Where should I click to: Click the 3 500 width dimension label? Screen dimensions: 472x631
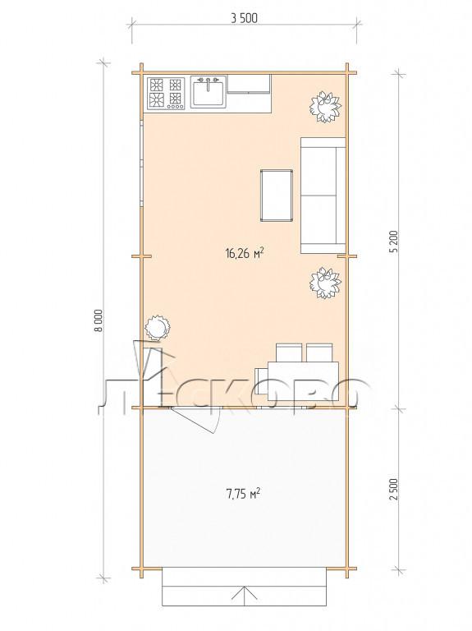click(244, 18)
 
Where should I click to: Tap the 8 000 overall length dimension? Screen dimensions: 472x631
click(99, 320)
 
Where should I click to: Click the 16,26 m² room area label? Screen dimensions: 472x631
click(245, 253)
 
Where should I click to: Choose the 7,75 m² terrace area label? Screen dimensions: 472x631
click(243, 493)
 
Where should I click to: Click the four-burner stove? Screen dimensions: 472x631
click(166, 94)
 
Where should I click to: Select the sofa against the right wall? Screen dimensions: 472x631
click(323, 196)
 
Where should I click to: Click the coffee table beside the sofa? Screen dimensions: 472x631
click(277, 196)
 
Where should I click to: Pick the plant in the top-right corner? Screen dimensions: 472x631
click(325, 107)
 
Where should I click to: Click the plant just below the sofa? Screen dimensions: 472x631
click(325, 283)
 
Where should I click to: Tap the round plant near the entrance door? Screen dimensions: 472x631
click(158, 328)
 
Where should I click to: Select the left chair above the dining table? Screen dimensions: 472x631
click(289, 352)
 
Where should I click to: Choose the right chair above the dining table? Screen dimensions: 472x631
click(319, 352)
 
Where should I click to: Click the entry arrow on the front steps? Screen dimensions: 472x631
click(243, 596)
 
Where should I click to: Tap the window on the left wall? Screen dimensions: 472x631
click(141, 163)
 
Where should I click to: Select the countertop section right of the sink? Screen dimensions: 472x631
click(249, 94)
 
